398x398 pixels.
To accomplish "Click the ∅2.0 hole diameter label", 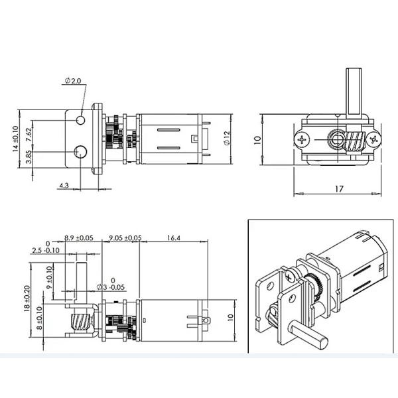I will (x=73, y=80).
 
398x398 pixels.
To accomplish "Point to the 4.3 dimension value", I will (x=64, y=185).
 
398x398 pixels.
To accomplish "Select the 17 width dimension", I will (x=338, y=189).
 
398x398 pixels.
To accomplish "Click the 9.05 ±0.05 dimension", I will (x=125, y=237).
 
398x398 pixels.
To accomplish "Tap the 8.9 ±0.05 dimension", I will (x=78, y=237).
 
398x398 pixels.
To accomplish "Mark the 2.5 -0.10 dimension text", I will (x=46, y=250).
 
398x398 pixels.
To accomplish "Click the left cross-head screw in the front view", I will (x=303, y=139).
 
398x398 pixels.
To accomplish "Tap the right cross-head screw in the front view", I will (x=376, y=139).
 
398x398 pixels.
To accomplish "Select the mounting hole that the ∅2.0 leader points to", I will (x=81, y=120).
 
